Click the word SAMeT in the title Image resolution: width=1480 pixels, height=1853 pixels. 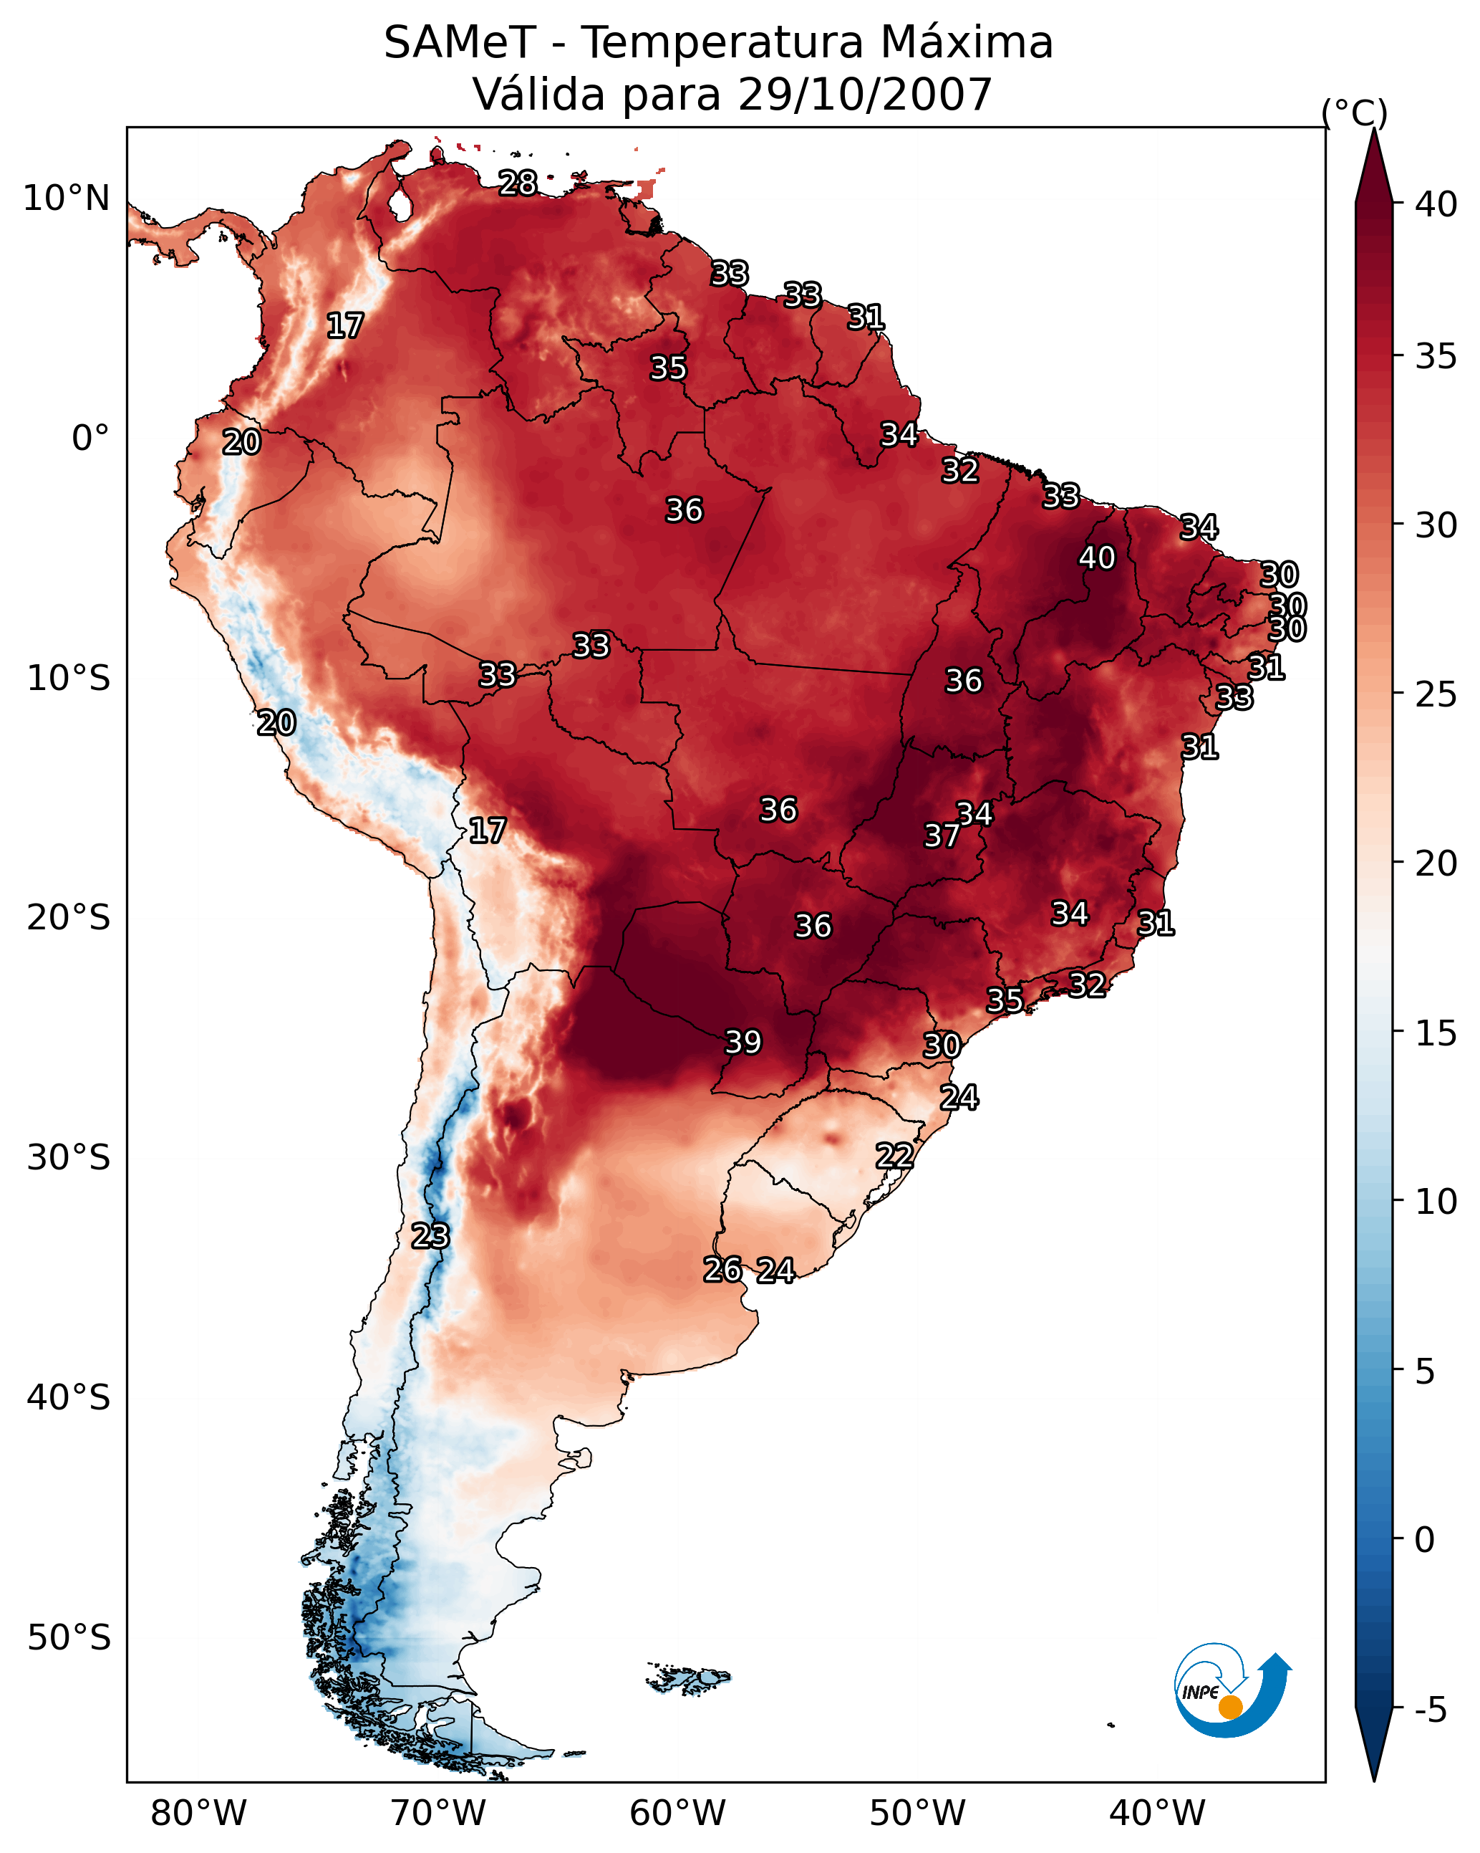(x=460, y=43)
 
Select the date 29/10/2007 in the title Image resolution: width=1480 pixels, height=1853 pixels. (x=864, y=95)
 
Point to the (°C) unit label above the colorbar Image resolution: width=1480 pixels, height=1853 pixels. (x=1354, y=112)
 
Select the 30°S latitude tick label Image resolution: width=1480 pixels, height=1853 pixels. (x=69, y=1158)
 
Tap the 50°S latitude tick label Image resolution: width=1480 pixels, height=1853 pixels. (x=69, y=1637)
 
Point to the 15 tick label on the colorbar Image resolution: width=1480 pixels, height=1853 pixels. (x=1436, y=1033)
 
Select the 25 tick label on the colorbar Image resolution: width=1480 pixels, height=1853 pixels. (x=1436, y=694)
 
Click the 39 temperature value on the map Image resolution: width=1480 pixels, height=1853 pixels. (x=743, y=1042)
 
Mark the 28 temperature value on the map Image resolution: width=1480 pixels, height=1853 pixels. (x=518, y=183)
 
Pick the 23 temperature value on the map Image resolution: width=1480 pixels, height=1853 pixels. (x=430, y=1236)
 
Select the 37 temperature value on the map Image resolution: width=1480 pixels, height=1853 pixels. (x=942, y=835)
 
